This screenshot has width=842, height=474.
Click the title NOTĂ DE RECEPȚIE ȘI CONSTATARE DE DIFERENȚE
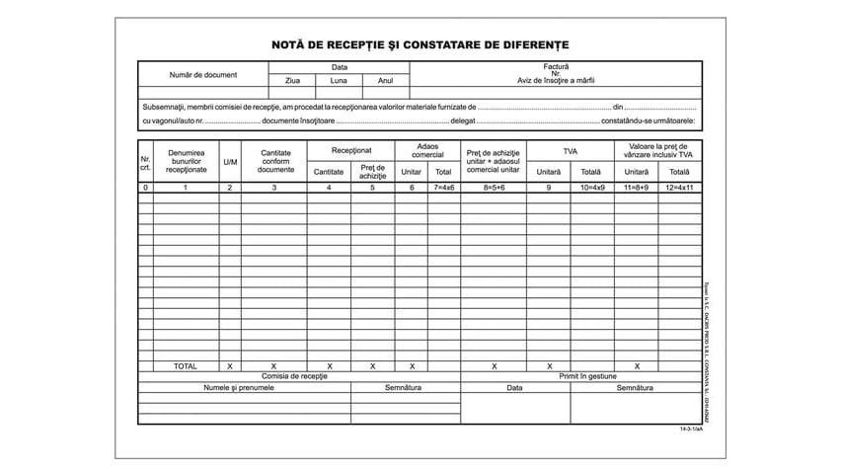coord(421,44)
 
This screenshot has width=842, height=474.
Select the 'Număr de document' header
coord(202,75)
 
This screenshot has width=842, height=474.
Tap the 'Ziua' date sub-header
coord(292,81)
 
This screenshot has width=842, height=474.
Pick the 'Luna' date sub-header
coord(339,81)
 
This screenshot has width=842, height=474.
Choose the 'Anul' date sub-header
coord(385,81)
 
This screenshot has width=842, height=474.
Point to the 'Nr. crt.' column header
coord(145,162)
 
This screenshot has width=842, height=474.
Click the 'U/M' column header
coord(230,162)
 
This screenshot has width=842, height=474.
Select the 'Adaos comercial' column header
coord(427,150)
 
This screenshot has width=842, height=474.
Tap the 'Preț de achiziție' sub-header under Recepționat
coord(372,172)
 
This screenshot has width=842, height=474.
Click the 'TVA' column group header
coord(570,150)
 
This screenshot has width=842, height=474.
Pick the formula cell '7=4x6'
coord(444,187)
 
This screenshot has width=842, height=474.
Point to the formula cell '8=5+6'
coord(493,187)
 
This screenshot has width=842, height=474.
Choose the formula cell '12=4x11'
coord(680,187)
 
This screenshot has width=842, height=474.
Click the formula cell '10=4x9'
coord(591,187)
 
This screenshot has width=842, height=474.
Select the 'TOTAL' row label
coord(185,366)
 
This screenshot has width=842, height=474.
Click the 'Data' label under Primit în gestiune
coord(514,388)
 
